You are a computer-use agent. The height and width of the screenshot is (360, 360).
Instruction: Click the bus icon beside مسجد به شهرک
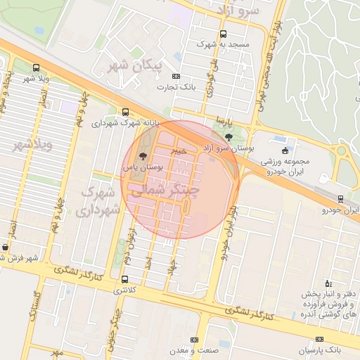[x=224, y=34]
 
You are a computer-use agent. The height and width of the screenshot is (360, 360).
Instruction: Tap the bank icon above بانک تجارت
[x=176, y=77]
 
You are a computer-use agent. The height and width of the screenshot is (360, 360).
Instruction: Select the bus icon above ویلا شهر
[x=36, y=67]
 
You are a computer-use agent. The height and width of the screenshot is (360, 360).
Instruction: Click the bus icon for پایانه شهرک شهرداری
[x=126, y=112]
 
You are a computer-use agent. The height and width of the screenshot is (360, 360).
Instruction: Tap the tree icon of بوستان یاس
[x=143, y=156]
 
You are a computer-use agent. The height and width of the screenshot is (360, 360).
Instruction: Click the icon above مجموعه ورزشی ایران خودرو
[x=285, y=150]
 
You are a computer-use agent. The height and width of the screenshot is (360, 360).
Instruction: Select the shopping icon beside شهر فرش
[x=6, y=247]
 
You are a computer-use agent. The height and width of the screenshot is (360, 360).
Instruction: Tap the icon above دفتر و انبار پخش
[x=328, y=282]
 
